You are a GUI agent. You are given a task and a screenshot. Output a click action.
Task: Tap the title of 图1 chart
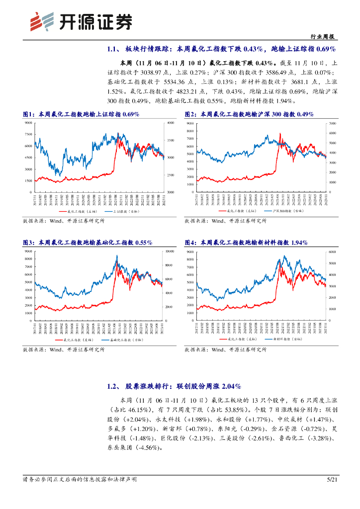tap(81, 114)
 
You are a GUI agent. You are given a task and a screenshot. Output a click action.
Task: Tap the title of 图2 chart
tap(249, 114)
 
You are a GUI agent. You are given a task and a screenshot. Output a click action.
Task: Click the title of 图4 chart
tap(246, 243)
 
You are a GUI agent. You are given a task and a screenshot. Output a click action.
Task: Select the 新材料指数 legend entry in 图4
tap(285, 339)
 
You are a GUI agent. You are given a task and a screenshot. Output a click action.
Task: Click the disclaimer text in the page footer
tap(80, 479)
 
